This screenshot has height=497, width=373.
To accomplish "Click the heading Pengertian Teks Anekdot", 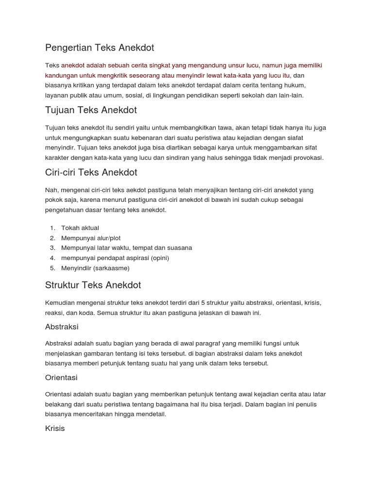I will tap(100, 48).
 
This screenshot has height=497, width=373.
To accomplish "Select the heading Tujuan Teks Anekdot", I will tap(91, 110).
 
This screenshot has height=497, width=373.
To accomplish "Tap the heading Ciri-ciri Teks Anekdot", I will tap(91, 172).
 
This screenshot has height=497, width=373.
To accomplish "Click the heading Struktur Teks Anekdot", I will tap(93, 285).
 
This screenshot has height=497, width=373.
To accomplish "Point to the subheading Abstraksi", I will tap(62, 327).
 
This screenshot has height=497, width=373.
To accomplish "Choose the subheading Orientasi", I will tap(61, 378).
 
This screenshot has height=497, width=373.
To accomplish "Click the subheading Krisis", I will tap(55, 429).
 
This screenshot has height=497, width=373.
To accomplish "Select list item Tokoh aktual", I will tap(80, 228).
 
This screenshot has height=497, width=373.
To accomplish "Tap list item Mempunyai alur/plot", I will tap(91, 238).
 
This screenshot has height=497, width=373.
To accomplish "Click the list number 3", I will tap(52, 248).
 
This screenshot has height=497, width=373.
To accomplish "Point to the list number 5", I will tap(52, 268).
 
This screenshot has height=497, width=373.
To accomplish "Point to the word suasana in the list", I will tap(179, 248).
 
